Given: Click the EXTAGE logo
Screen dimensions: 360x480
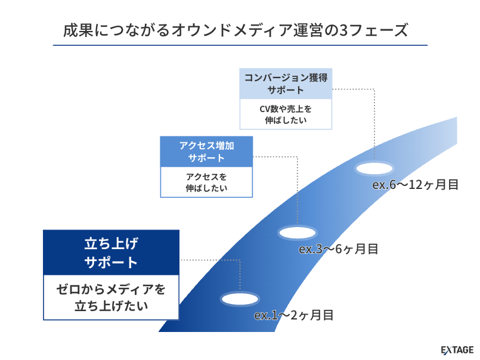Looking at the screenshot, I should coord(457,349).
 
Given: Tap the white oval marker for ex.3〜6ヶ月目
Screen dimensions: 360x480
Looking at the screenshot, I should coord(298,231).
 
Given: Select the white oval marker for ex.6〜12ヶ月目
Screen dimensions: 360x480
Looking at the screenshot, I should coord(375,168).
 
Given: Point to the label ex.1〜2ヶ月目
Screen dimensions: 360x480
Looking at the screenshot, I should coord(293,315).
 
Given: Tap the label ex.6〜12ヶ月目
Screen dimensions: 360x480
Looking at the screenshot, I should coord(415,185).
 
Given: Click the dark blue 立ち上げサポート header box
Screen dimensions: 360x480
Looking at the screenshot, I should coord(112,253).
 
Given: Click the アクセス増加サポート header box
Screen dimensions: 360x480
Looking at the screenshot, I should coord(206,151).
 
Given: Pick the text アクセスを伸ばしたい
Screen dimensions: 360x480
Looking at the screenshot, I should coord(206,182).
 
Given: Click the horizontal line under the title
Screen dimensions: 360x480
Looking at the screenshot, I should coord(240,45).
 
